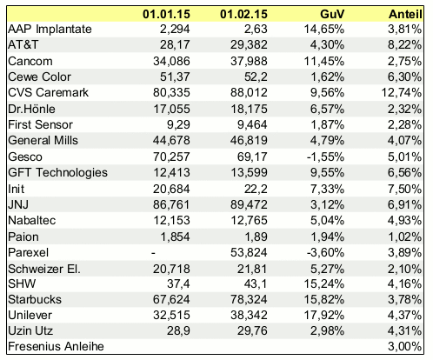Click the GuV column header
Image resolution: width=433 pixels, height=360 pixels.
(332, 14)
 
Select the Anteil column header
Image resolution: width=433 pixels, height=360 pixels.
(405, 14)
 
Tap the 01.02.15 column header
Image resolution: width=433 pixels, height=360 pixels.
(243, 14)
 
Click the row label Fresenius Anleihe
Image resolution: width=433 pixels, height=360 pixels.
(56, 346)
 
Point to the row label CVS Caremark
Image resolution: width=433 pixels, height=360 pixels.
(48, 92)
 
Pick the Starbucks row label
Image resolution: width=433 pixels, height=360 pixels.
(35, 299)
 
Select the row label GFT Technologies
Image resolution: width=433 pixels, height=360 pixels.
(57, 173)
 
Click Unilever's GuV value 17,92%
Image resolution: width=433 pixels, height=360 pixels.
(324, 315)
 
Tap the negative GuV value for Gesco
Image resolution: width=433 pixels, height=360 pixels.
(325, 157)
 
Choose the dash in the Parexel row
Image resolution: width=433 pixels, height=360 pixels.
(153, 253)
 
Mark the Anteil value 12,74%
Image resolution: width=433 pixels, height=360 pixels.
(402, 93)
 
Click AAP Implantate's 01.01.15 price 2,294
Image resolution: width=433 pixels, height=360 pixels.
(175, 29)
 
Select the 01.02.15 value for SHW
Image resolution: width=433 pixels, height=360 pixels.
(256, 283)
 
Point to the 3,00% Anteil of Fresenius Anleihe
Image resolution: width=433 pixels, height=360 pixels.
(405, 346)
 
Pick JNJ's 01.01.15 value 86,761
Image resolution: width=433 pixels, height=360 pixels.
(171, 204)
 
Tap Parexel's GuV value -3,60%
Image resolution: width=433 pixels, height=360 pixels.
(325, 252)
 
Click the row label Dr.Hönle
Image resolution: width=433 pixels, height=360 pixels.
(31, 109)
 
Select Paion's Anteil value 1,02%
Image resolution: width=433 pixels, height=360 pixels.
(405, 237)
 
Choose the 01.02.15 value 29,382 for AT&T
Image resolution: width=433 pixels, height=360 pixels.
(249, 45)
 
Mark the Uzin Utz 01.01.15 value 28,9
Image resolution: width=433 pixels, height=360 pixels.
(178, 330)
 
